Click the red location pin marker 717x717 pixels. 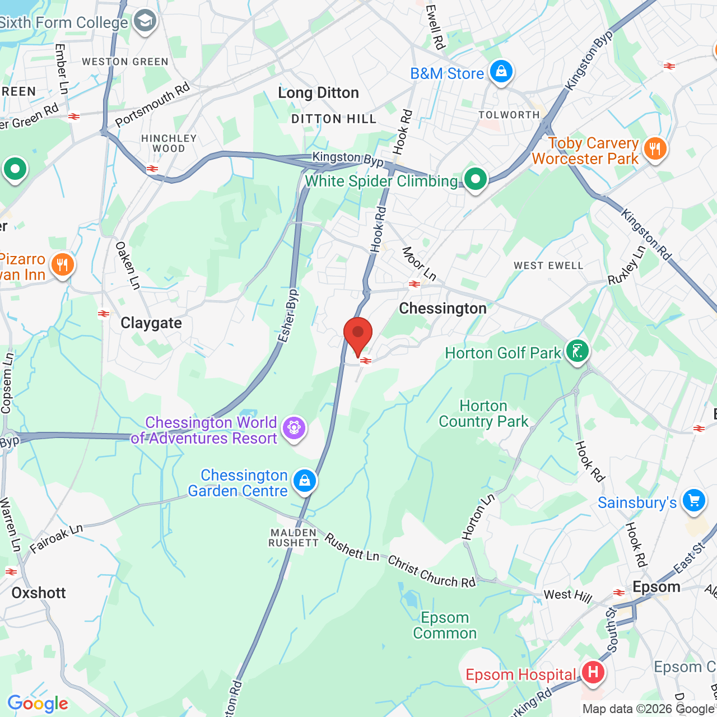358,334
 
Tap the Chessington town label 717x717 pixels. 443,309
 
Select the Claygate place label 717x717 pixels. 151,323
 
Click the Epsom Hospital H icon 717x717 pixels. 593,672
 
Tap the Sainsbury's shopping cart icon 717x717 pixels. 694,500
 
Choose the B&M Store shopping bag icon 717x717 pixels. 501,72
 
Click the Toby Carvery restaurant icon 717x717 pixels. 654,149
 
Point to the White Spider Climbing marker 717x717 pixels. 476,180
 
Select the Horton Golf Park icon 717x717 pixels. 578,352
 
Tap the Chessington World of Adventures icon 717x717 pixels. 294,429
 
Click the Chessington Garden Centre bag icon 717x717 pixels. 305,481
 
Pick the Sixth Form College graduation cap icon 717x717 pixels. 145,21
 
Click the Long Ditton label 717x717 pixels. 318,93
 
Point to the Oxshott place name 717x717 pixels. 39,593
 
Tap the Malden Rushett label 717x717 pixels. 294,538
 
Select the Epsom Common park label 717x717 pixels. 445,625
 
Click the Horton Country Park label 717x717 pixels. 483,413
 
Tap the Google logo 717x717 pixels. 38,704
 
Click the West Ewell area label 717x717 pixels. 548,266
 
